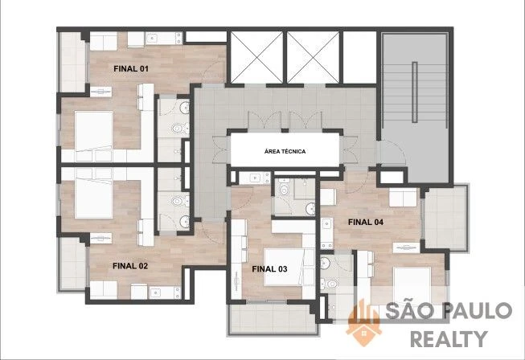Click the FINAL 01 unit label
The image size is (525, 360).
[x=131, y=69]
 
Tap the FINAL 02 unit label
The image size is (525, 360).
[x=130, y=266]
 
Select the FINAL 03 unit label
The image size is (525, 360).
[x=269, y=269]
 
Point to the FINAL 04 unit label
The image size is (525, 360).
[x=366, y=222]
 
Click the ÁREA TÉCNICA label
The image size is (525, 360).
[x=285, y=152]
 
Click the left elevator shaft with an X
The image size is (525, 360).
[x=256, y=57]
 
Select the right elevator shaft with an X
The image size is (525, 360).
[x=313, y=57]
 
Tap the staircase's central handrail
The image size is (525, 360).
[x=415, y=92]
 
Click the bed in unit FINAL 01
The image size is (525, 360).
[x=94, y=132]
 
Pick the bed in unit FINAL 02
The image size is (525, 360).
[x=94, y=198]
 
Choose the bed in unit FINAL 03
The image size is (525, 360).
[x=283, y=268]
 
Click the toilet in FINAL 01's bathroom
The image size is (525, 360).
[x=178, y=129]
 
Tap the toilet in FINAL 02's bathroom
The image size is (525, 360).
[x=178, y=201]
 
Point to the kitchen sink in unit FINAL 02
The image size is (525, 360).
[x=155, y=293]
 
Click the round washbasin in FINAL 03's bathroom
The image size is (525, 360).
[x=310, y=209]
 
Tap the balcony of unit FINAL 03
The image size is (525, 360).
[x=273, y=318]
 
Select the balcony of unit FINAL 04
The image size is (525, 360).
[x=445, y=218]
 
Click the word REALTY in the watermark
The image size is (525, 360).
[x=449, y=338]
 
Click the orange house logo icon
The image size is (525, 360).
[x=363, y=324]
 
